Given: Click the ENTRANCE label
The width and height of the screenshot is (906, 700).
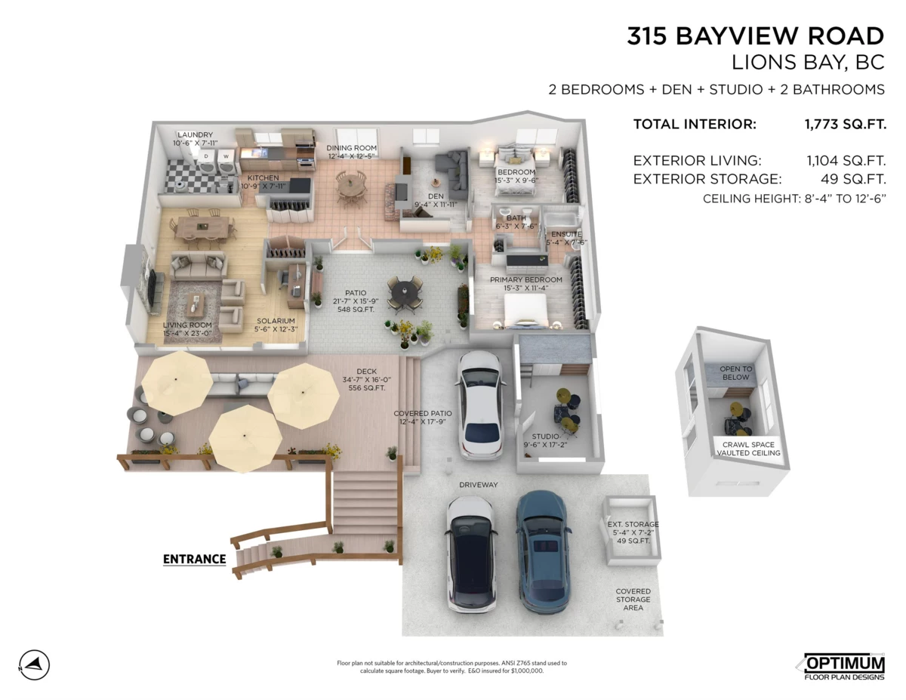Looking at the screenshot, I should pos(194,560).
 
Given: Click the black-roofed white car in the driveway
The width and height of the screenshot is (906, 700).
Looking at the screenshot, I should pos(472,554).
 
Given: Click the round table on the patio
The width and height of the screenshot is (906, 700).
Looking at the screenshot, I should pos(405,291).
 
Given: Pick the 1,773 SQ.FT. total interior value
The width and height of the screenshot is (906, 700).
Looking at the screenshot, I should pos(846,125).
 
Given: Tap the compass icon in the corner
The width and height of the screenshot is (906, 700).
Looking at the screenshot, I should pos(34,665).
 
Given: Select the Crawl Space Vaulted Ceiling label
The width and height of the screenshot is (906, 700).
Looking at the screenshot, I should pos(749,449).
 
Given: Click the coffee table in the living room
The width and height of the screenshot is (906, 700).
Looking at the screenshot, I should pos(196,302).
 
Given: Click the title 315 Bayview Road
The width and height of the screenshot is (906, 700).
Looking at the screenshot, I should pos(754,36).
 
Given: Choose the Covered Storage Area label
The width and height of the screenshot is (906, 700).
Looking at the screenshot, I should pos(633,600).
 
